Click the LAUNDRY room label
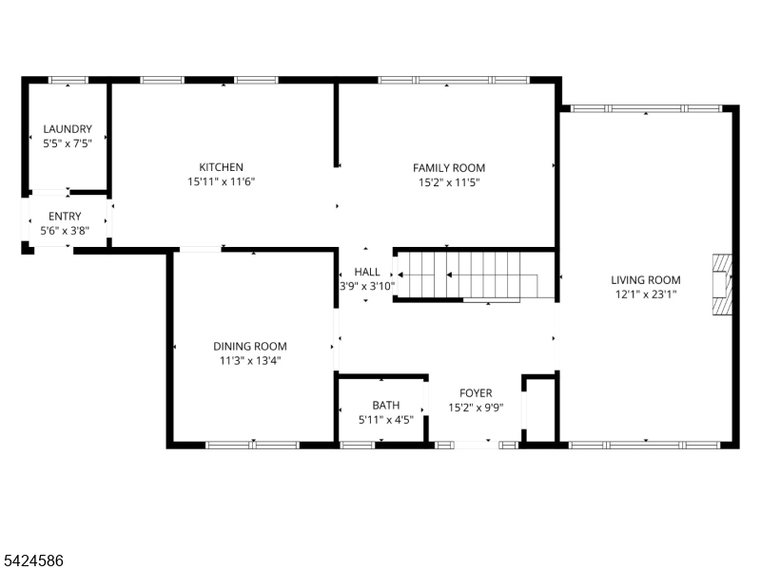[x=68, y=129]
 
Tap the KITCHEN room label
[x=221, y=167]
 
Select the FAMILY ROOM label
[x=448, y=168]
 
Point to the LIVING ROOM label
[x=645, y=279]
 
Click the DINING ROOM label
[x=249, y=347]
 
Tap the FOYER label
[x=476, y=393]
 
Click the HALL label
[x=366, y=272]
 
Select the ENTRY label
[x=65, y=216]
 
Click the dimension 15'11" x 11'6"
[x=221, y=181]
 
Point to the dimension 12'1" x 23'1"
[x=645, y=294]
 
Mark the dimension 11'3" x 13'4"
[x=249, y=361]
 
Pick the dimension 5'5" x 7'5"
[x=68, y=143]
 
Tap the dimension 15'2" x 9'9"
[x=476, y=408]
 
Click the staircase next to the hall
[x=473, y=275]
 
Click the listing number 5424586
[x=33, y=561]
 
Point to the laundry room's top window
[x=68, y=80]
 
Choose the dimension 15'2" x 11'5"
[x=448, y=182]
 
